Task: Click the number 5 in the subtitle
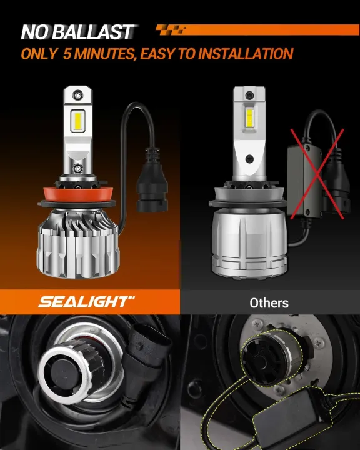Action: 67,54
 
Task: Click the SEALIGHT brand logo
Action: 86,302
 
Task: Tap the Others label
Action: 269,303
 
